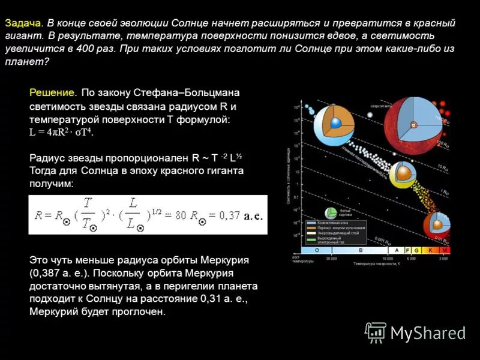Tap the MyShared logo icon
[x=376, y=332]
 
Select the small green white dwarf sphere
[x=330, y=213]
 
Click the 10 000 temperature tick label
[x=388, y=258]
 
